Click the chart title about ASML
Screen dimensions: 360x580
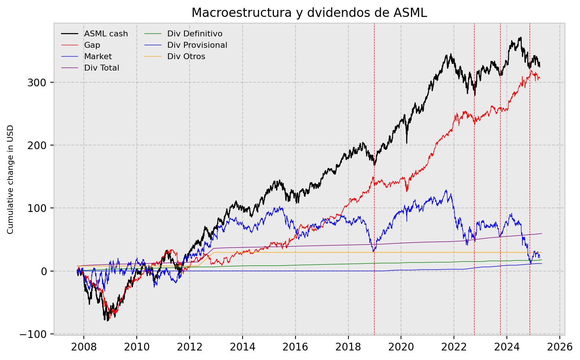(x=309, y=13)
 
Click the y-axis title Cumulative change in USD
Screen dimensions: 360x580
(x=10, y=179)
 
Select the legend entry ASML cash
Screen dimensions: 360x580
(x=106, y=34)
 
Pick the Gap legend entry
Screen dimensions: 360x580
(x=92, y=45)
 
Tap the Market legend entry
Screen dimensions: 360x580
(x=98, y=57)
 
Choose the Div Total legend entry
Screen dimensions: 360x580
(x=101, y=68)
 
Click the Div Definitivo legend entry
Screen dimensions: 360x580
(x=194, y=34)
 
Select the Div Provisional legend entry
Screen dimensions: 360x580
(x=197, y=45)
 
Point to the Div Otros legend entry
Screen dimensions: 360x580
(x=186, y=57)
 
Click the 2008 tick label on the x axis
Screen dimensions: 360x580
(x=83, y=347)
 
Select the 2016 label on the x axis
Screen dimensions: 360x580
(x=295, y=347)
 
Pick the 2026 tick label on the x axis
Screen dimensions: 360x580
(x=559, y=347)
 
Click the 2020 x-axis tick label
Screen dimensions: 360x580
(x=401, y=347)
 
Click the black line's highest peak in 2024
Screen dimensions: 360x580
(x=520, y=37)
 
